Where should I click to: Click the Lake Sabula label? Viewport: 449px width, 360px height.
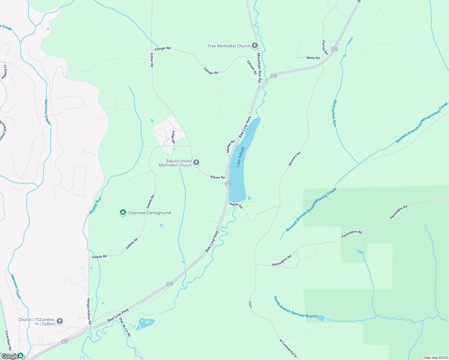(x=240, y=157)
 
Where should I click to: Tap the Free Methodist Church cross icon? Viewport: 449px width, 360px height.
(x=255, y=46)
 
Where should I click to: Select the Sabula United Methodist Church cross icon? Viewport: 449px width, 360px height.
(x=196, y=163)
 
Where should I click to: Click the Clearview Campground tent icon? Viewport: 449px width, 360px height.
(x=123, y=213)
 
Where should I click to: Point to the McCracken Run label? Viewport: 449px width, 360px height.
(x=335, y=113)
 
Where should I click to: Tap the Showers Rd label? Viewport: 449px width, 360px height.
(x=294, y=159)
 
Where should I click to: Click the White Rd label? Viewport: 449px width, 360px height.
(x=313, y=58)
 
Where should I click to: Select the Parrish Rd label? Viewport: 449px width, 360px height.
(x=325, y=47)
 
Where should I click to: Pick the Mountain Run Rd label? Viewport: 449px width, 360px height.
(x=259, y=68)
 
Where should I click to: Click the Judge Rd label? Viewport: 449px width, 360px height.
(x=173, y=137)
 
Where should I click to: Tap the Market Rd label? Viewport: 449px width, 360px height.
(x=231, y=146)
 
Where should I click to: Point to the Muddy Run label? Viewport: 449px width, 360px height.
(x=95, y=206)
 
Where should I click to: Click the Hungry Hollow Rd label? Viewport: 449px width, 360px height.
(x=89, y=311)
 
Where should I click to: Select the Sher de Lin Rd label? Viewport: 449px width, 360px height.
(x=125, y=327)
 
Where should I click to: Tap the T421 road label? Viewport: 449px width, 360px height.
(x=250, y=304)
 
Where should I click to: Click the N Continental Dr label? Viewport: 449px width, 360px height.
(x=288, y=349)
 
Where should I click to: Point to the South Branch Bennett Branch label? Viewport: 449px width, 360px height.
(x=295, y=307)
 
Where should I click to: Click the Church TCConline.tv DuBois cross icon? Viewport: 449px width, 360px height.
(x=60, y=322)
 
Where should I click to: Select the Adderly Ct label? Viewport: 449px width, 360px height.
(x=4, y=72)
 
